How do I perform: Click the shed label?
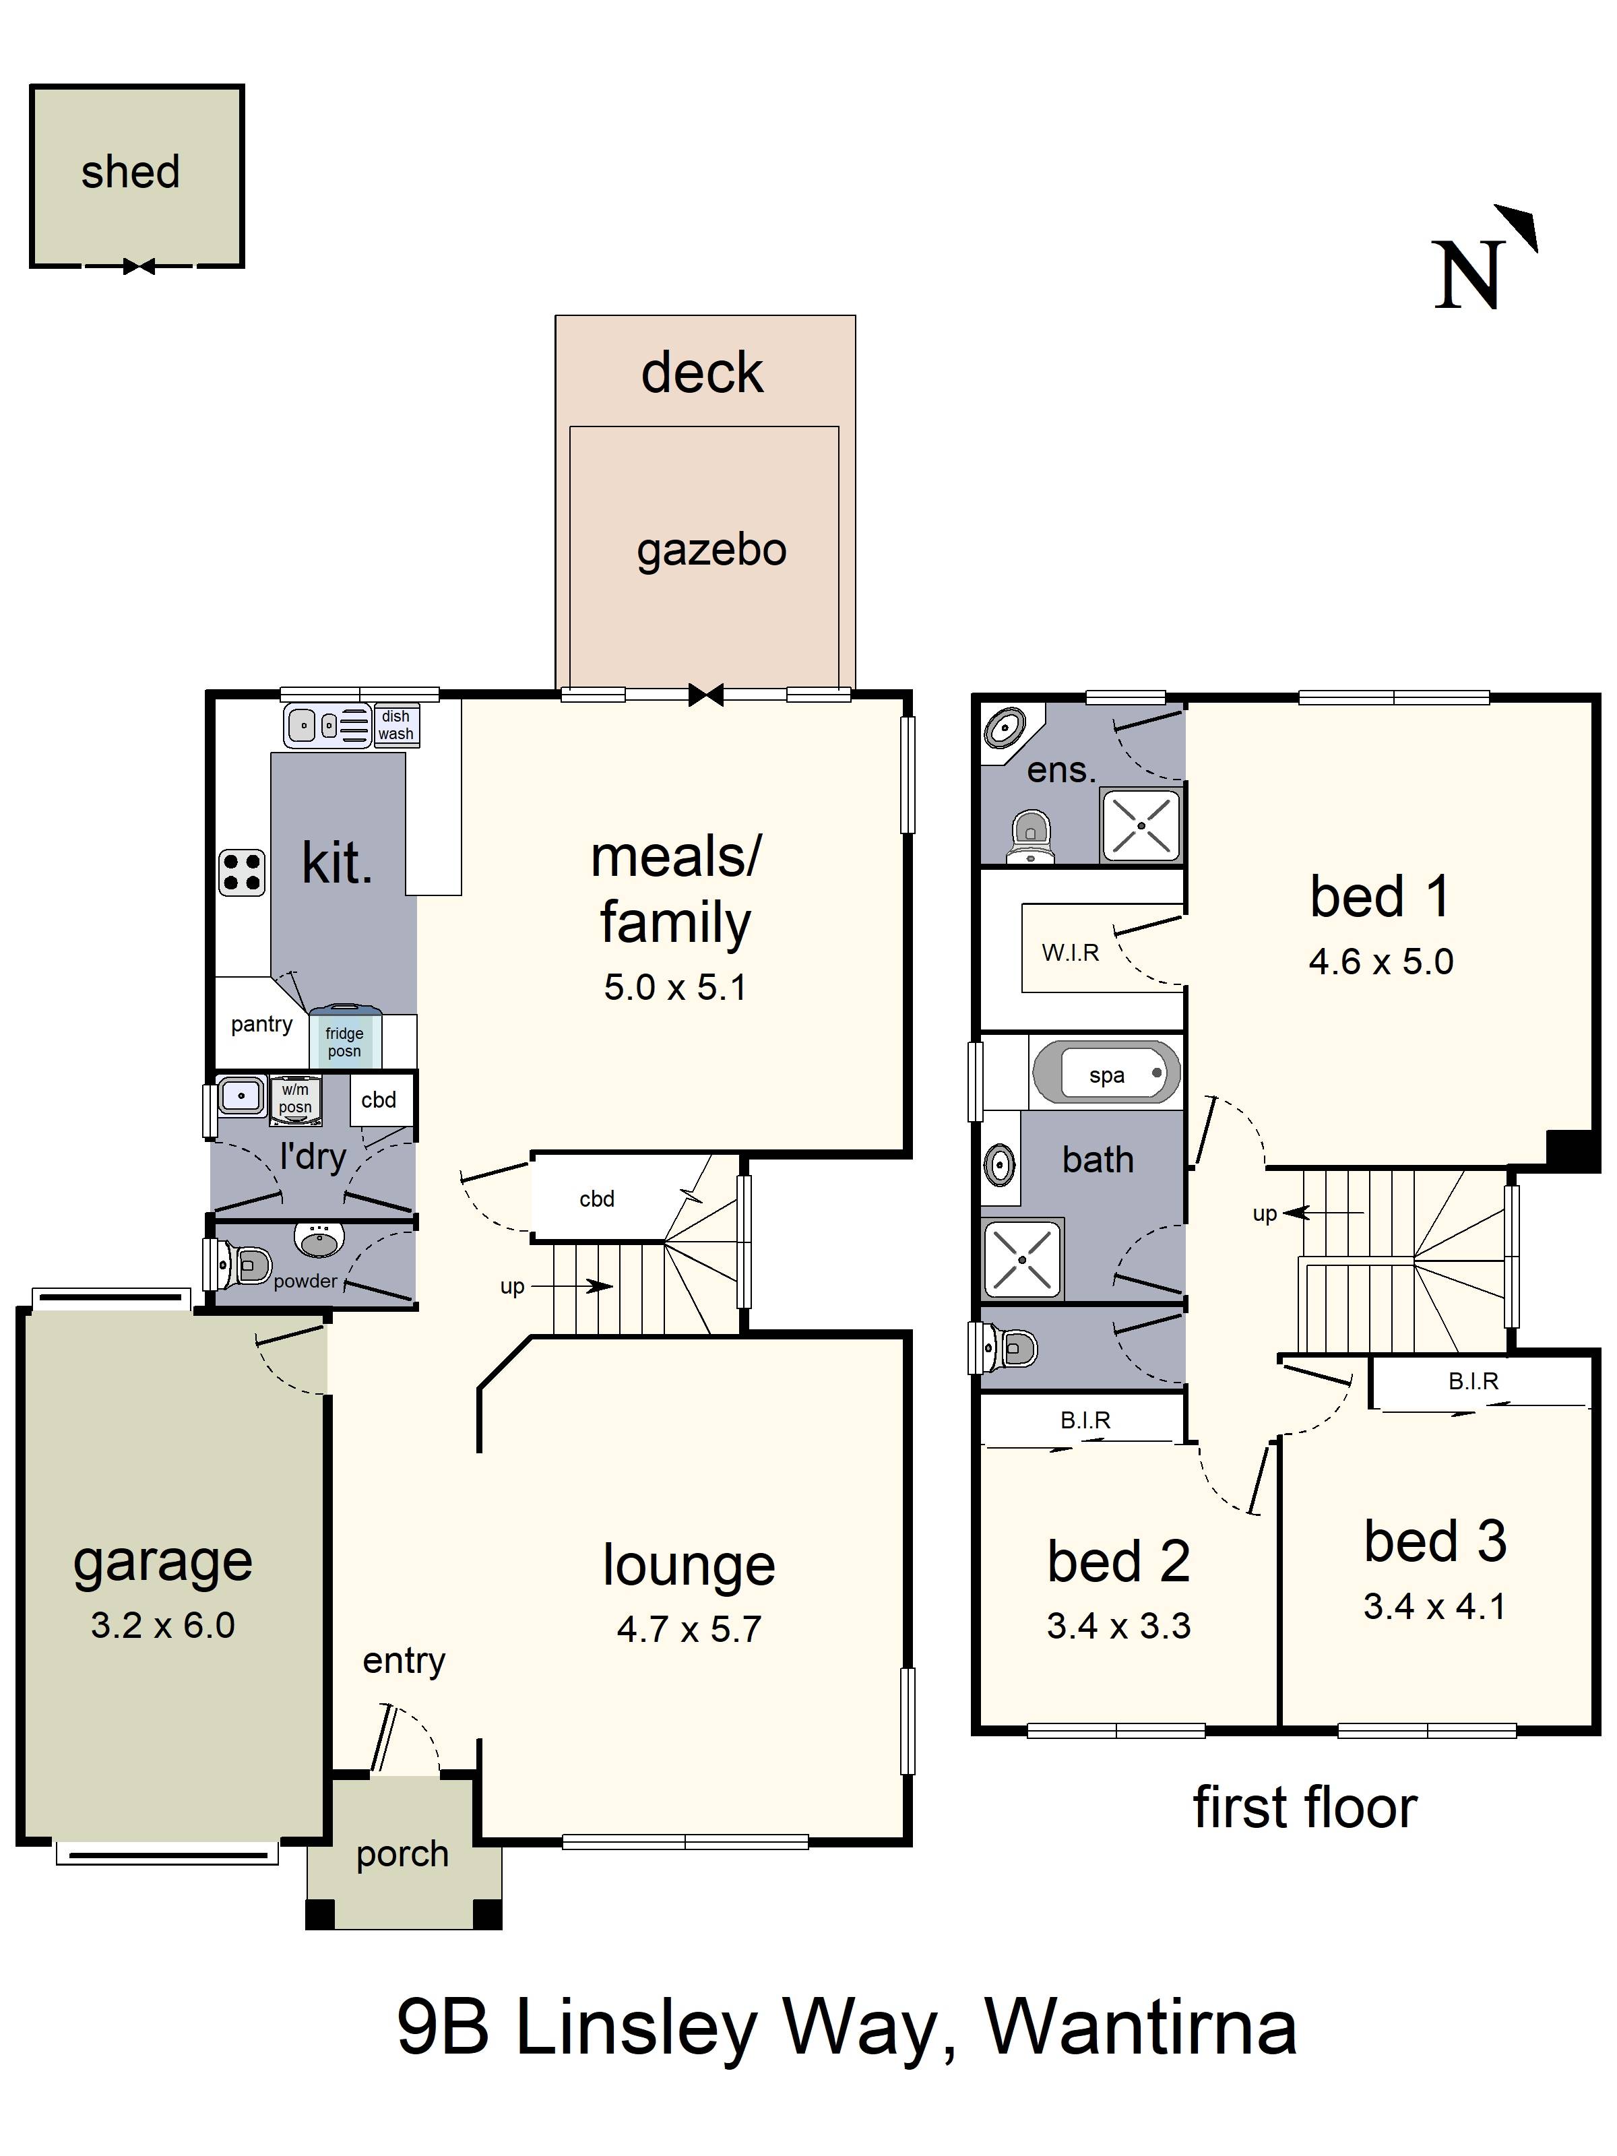point(131,172)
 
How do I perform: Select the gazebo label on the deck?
point(711,550)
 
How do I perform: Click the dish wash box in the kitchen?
point(395,725)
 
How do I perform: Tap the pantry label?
point(261,1024)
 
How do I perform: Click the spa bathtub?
point(1106,1073)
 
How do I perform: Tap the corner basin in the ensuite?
point(1003,727)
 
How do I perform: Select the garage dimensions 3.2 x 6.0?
point(163,1625)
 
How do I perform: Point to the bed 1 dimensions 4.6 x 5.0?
point(1381,962)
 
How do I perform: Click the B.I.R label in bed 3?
point(1473,1380)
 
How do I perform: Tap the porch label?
point(402,1855)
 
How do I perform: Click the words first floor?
point(1305,1807)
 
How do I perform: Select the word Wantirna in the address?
point(1141,2028)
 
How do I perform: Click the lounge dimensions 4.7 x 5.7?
point(689,1628)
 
